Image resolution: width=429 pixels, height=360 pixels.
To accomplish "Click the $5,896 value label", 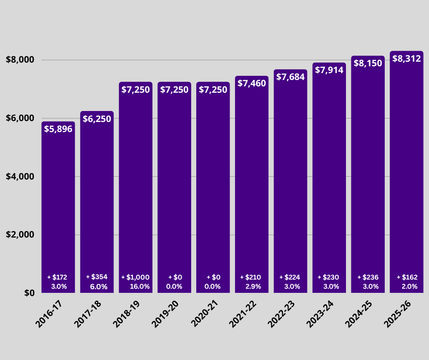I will tap(58, 129).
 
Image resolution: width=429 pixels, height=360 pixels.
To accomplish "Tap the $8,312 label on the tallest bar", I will tap(407, 58).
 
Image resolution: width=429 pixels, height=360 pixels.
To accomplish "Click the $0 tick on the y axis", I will tap(28, 293).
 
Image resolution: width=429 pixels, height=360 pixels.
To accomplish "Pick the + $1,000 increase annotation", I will tap(135, 277).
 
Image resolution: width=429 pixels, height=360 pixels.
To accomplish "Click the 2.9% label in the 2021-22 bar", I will tap(253, 286).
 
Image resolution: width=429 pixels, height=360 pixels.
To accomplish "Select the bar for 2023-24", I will tap(329, 183).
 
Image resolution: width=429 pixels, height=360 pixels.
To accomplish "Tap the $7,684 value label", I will tap(290, 77).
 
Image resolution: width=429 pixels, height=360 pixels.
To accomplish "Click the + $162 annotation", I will tap(407, 277).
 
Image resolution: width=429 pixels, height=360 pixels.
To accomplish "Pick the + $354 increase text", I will tap(97, 277).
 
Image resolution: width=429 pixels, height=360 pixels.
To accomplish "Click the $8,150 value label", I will tap(368, 64).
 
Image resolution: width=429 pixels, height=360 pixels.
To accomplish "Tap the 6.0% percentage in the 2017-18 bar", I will tap(99, 287).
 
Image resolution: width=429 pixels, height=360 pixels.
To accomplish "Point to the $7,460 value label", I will tap(251, 84).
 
